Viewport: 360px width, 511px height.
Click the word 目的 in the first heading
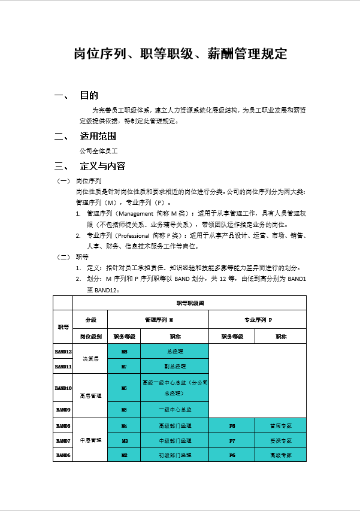coord(89,96)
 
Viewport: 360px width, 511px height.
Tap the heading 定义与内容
coord(102,166)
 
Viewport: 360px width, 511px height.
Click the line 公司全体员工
coord(99,150)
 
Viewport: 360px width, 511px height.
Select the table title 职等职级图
coord(189,303)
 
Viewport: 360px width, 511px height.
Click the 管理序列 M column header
coord(158,319)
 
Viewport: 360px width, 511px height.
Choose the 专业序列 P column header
coord(258,319)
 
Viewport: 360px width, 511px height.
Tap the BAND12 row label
coord(63,351)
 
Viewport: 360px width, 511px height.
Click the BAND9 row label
coord(63,410)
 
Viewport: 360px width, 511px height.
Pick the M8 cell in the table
coord(124,351)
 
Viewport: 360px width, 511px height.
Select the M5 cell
coord(124,410)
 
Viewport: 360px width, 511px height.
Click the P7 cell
coord(232,440)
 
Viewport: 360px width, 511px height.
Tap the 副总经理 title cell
coord(175,366)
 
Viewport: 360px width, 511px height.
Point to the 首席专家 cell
coord(280,426)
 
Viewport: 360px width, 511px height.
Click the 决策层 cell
coord(90,358)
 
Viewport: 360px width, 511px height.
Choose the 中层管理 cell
coord(90,440)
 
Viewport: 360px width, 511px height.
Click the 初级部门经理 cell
coord(175,455)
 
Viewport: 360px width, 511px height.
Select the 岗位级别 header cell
coord(90,336)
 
